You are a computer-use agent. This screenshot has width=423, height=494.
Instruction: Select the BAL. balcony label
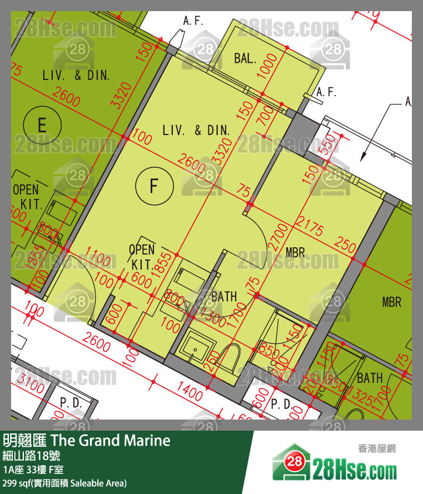click(245, 58)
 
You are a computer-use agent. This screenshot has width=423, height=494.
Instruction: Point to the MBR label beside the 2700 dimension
click(295, 252)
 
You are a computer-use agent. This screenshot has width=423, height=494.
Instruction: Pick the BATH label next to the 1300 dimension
click(224, 297)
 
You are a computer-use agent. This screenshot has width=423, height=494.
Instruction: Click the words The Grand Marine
click(110, 441)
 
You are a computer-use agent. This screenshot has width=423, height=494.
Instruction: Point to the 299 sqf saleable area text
click(64, 483)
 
